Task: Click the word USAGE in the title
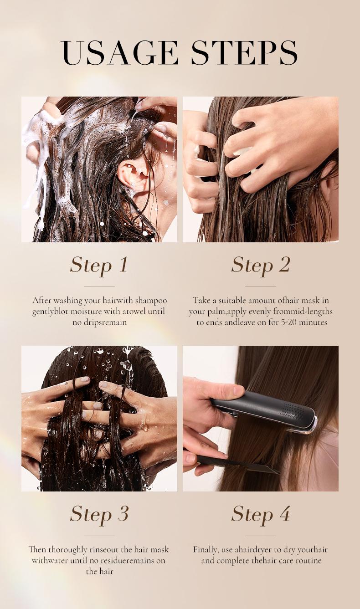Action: click(x=119, y=52)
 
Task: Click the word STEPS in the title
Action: click(x=244, y=52)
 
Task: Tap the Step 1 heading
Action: click(x=99, y=265)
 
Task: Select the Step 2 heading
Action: click(x=261, y=265)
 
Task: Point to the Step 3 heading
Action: click(x=99, y=514)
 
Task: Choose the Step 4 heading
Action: click(x=261, y=514)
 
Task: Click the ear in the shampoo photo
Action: click(x=133, y=174)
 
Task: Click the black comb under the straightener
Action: click(x=237, y=465)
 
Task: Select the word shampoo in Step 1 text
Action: click(x=151, y=301)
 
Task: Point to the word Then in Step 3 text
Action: click(x=37, y=549)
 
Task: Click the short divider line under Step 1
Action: click(x=99, y=287)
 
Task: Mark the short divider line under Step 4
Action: click(x=261, y=536)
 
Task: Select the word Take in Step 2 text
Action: click(x=202, y=301)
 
